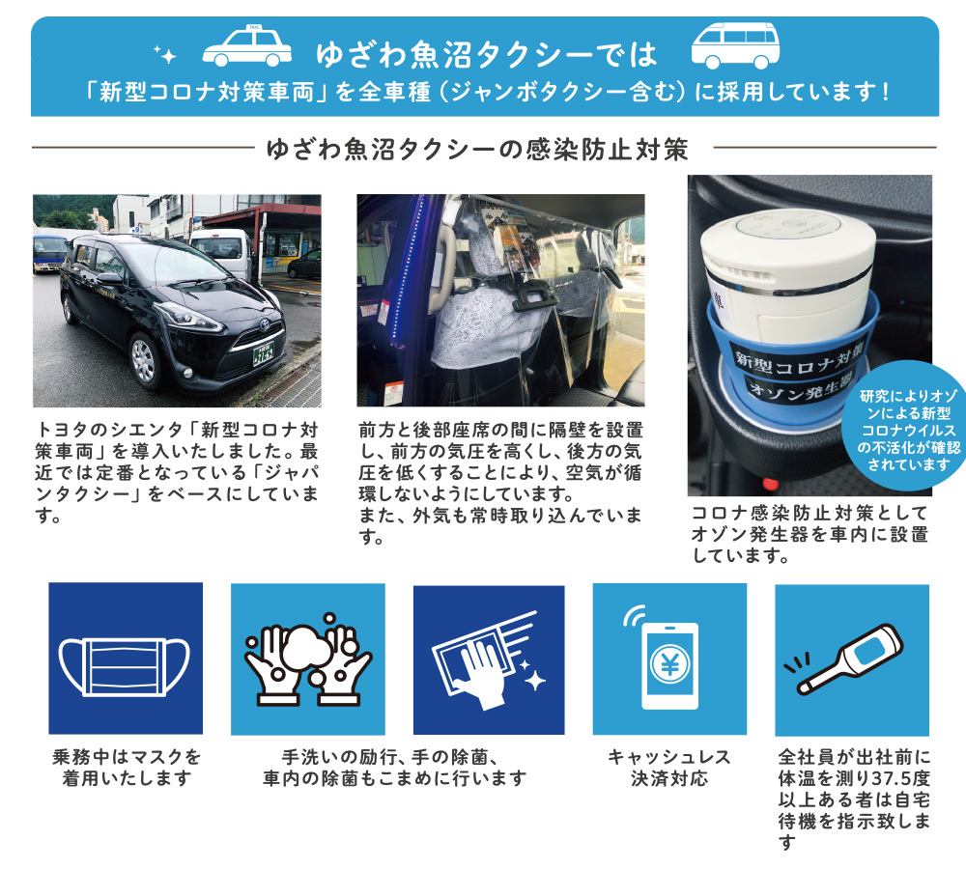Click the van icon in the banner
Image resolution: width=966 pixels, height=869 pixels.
click(736, 45)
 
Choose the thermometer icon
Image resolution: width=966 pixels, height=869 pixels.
click(851, 659)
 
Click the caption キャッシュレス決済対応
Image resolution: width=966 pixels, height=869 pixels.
click(668, 768)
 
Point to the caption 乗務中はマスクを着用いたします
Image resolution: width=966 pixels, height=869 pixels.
click(127, 768)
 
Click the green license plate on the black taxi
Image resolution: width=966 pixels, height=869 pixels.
click(262, 353)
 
